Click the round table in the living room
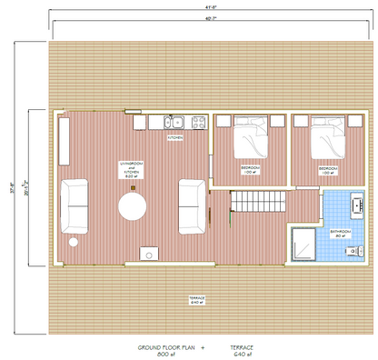point(133,206)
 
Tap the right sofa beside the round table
point(192,205)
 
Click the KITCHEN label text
point(175,138)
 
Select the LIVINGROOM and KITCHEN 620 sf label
point(133,169)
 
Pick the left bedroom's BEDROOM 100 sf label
point(251,170)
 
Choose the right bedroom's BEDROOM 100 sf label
point(329,170)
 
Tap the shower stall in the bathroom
point(303,243)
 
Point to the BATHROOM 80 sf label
point(340,234)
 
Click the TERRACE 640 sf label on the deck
point(195,300)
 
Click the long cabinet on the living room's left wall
point(65,142)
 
